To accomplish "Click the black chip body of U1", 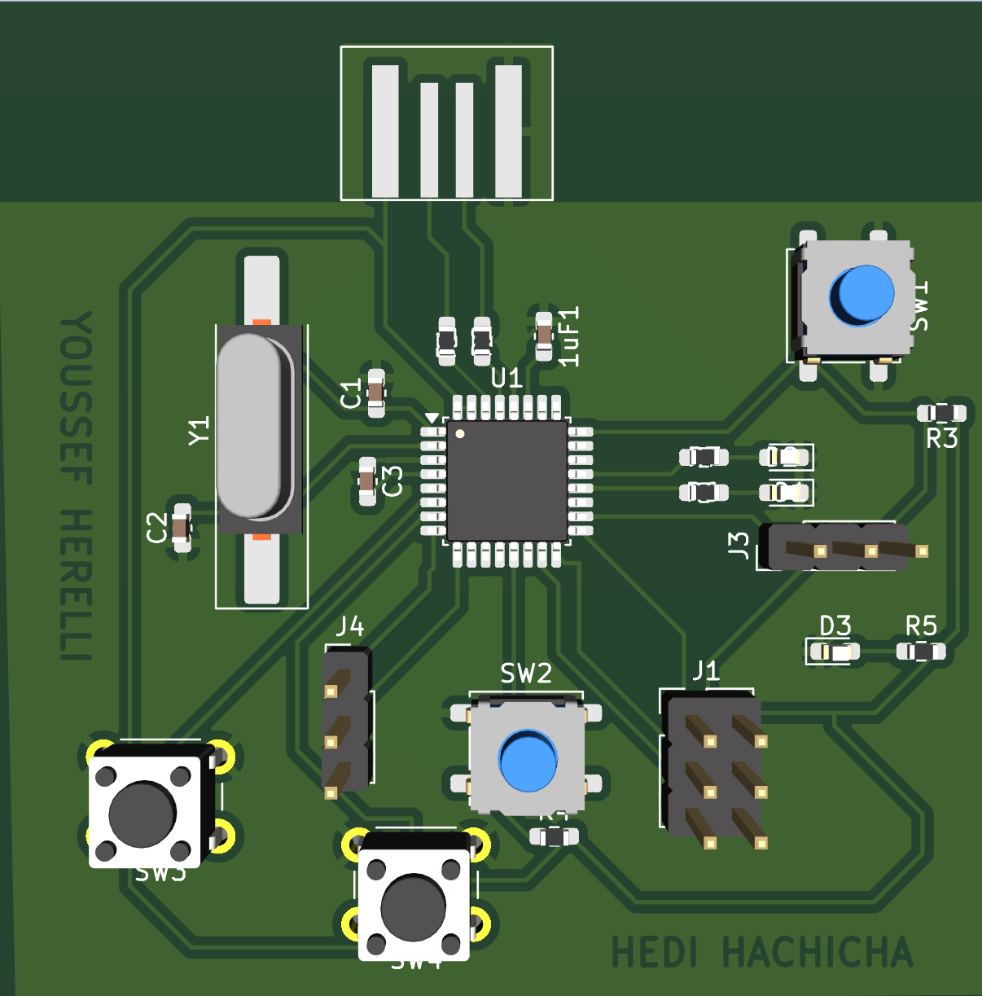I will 506,480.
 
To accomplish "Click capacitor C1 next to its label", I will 375,393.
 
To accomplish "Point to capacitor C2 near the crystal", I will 182,527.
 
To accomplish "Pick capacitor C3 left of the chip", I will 367,481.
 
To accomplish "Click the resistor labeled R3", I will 942,412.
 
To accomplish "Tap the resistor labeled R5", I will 921,652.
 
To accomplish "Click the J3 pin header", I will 839,546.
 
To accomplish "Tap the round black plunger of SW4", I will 414,906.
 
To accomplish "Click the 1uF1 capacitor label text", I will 569,336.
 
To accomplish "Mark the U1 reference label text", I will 506,378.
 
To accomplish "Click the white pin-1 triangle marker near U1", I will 432,417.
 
